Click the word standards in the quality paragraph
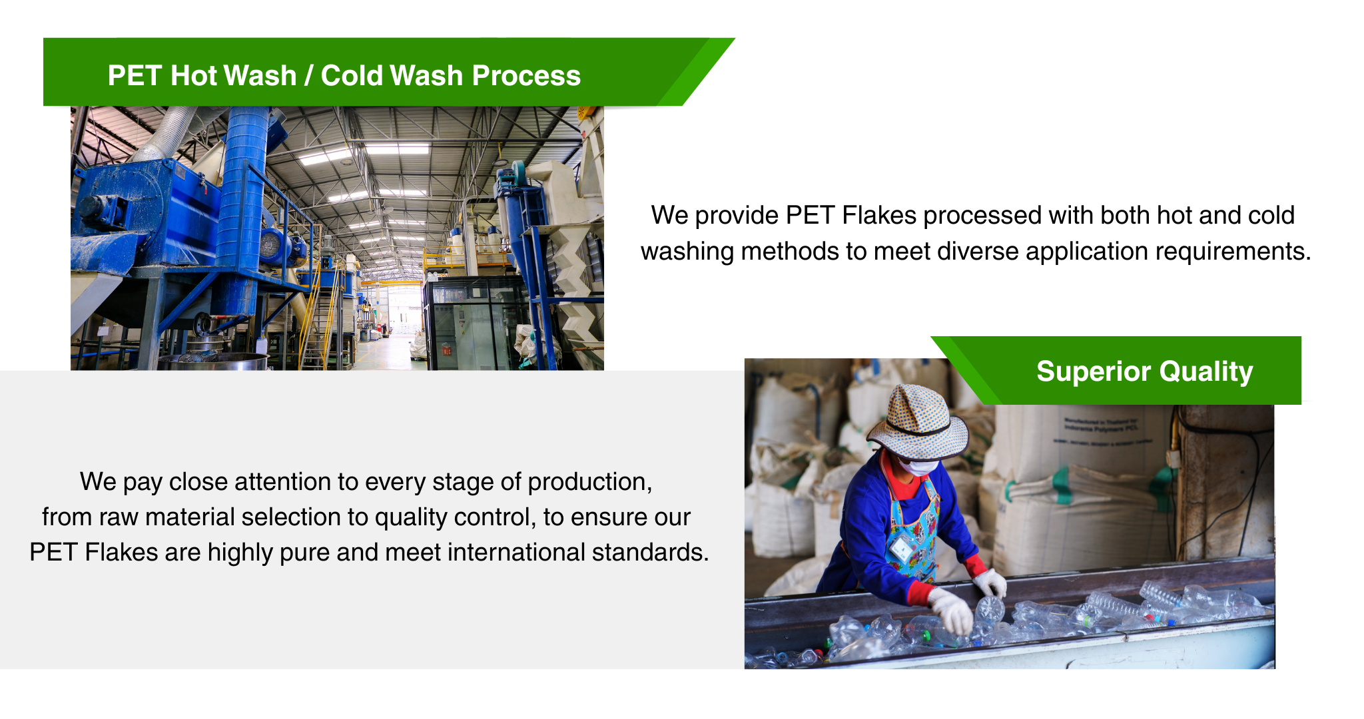pyautogui.click(x=647, y=553)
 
